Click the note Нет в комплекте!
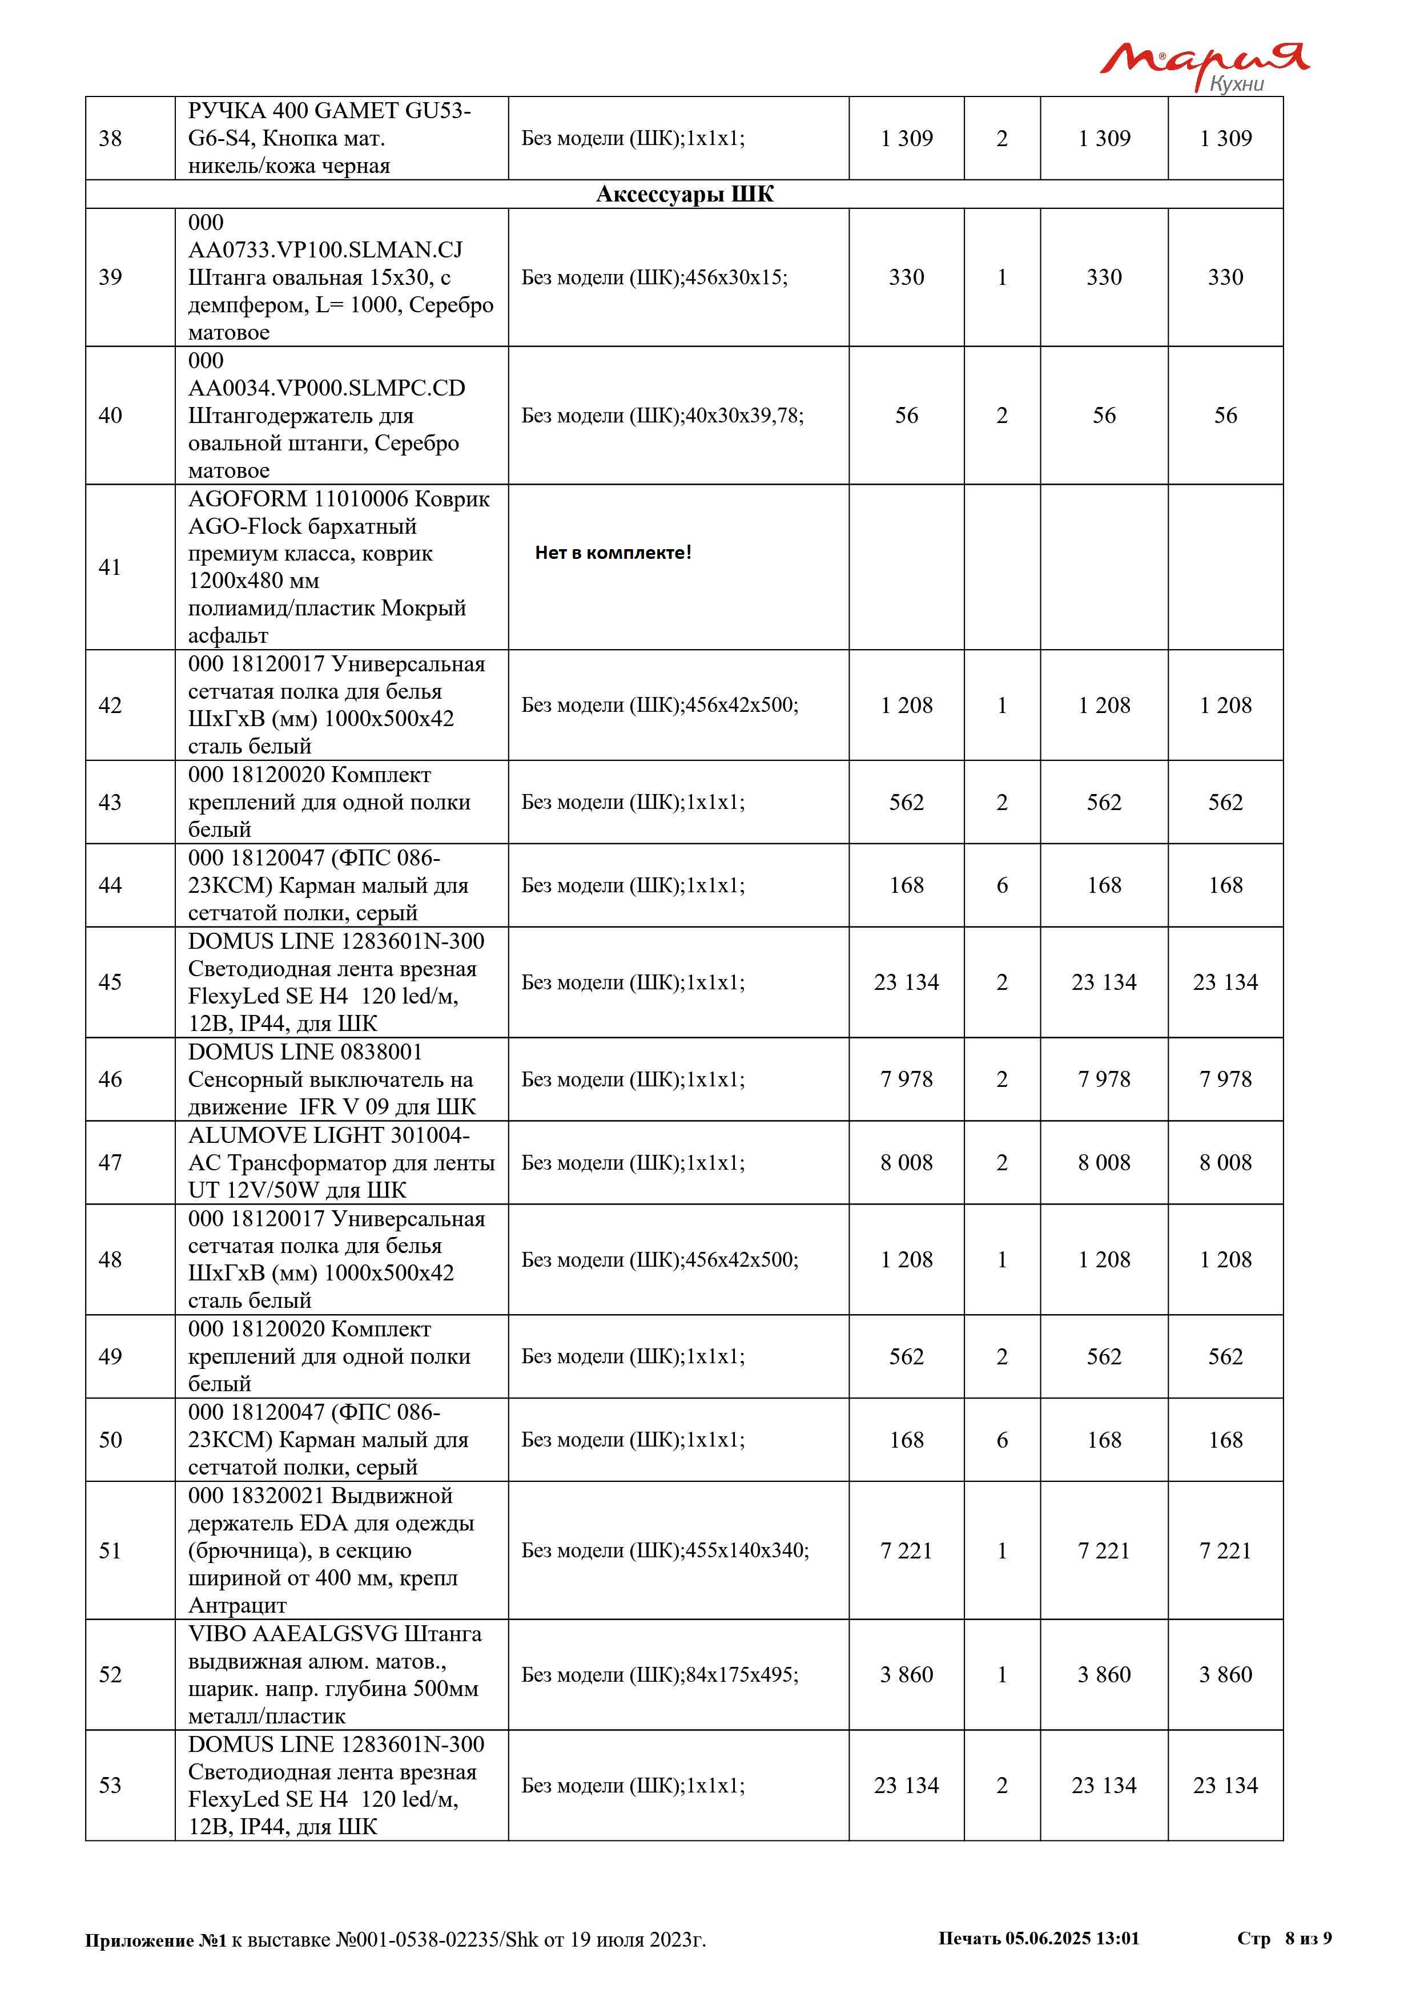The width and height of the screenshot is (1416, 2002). tap(613, 552)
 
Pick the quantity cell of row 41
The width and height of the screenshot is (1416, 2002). tap(1002, 567)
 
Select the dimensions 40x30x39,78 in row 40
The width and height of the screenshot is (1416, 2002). tap(744, 416)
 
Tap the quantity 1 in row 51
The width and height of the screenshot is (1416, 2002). tap(1002, 1550)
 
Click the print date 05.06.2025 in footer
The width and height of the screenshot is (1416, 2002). tap(1047, 1938)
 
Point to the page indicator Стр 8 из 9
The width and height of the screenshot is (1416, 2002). tap(1284, 1938)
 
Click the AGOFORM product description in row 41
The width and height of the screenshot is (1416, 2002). tap(339, 567)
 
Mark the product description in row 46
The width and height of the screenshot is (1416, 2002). tap(331, 1079)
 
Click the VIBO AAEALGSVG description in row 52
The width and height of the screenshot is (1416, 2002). tap(335, 1674)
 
